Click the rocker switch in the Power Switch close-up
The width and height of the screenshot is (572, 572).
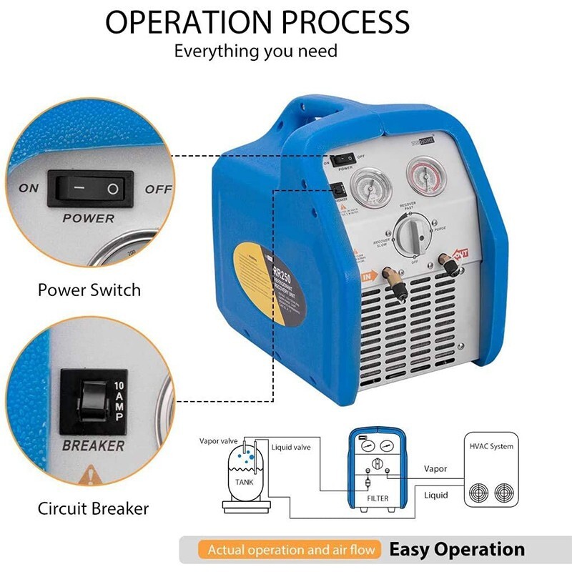click(86, 189)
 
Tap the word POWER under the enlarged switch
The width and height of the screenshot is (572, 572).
click(88, 217)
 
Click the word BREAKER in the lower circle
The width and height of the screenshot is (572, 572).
click(93, 445)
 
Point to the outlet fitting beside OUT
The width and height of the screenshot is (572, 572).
click(450, 266)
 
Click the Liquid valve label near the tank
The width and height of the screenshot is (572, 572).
click(291, 447)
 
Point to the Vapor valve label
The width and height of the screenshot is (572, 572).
click(218, 440)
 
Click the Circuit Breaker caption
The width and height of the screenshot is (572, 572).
click(93, 508)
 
